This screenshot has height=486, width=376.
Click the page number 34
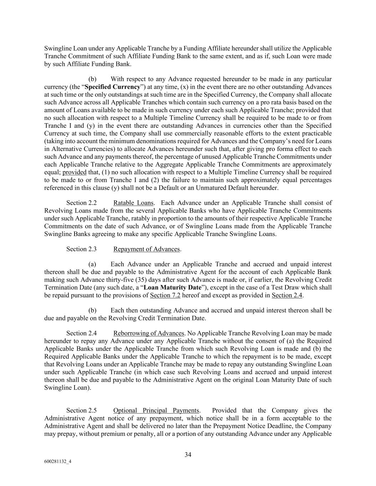pyautogui.click(x=188, y=454)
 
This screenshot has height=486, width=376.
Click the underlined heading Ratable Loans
pyautogui.click(x=133, y=203)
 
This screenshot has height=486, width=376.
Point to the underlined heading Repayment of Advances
pyautogui.click(x=146, y=249)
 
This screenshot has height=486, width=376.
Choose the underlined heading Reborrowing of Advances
pyautogui.click(x=149, y=333)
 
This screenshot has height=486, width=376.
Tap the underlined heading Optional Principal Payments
pyautogui.click(x=156, y=411)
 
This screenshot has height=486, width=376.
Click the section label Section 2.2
pyautogui.click(x=81, y=203)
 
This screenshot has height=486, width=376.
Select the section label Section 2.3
pyautogui.click(x=81, y=249)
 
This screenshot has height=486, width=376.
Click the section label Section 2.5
pyautogui.click(x=81, y=411)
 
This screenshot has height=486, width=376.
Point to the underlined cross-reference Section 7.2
pyautogui.click(x=165, y=295)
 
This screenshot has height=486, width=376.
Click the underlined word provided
pyautogui.click(x=74, y=172)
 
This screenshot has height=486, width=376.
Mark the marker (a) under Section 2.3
pyautogui.click(x=92, y=264)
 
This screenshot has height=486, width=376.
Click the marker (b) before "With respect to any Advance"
pyautogui.click(x=92, y=79)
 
